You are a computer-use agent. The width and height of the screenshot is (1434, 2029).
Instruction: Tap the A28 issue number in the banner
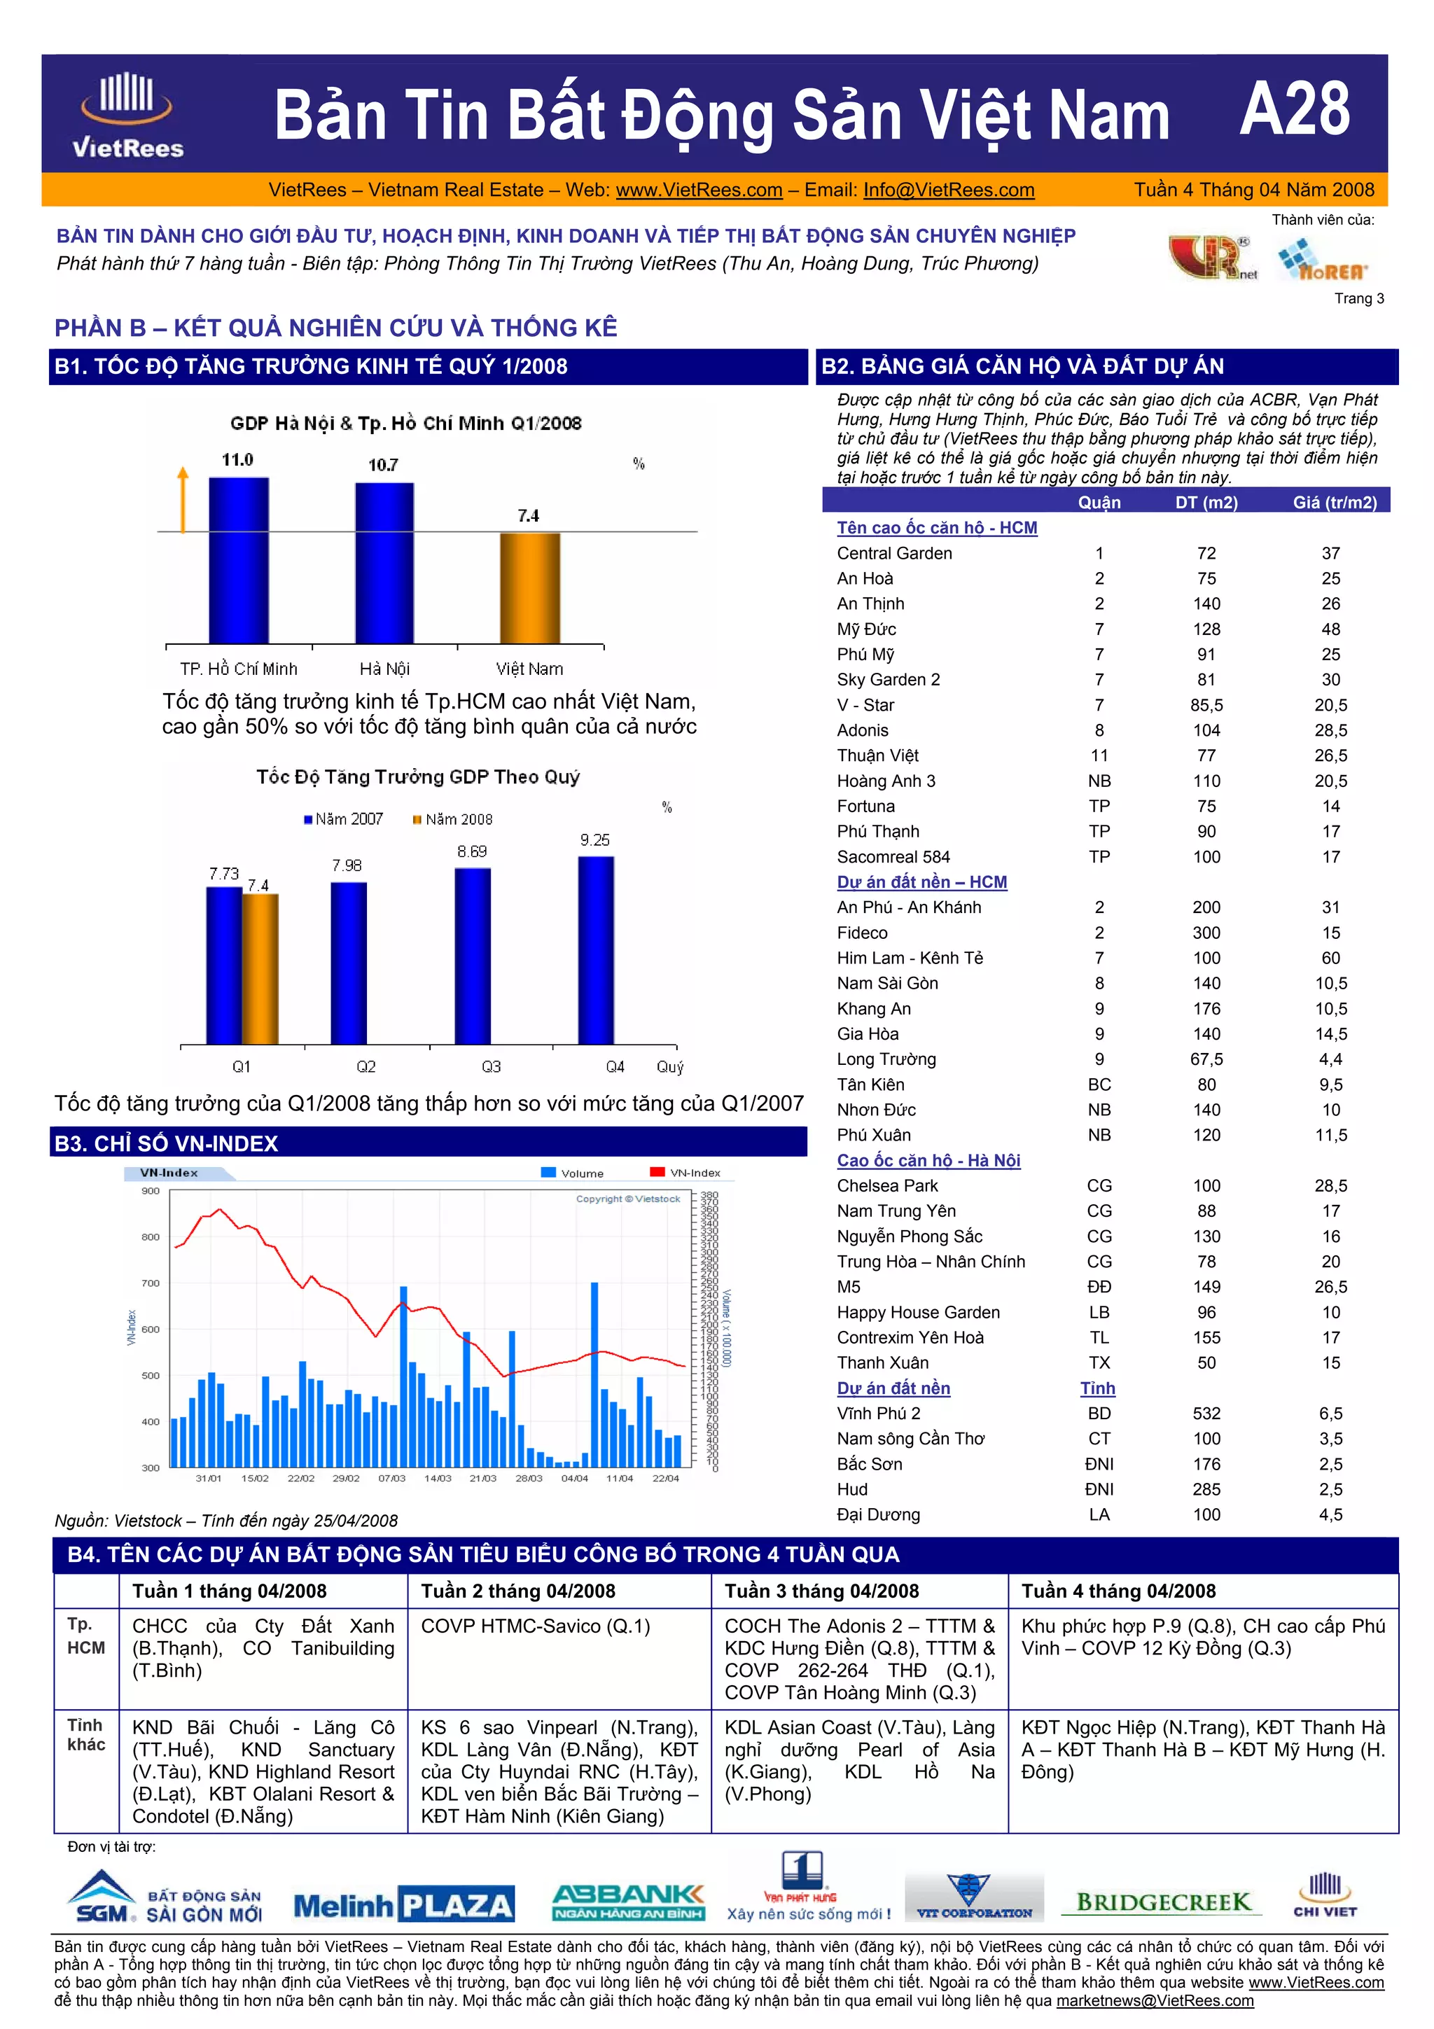tap(1295, 110)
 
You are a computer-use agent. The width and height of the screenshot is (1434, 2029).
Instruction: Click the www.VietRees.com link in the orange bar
tap(699, 190)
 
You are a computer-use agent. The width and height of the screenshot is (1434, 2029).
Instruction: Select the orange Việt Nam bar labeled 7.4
tap(529, 587)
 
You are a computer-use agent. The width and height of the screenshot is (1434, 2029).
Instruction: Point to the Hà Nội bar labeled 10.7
tap(384, 562)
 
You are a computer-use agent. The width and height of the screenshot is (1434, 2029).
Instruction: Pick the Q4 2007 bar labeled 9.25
tap(595, 950)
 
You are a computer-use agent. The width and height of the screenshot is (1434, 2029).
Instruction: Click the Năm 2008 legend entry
tap(452, 819)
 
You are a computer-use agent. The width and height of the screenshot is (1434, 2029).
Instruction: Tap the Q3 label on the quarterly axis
tap(492, 1066)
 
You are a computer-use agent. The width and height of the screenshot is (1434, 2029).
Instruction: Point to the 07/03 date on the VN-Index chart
tap(391, 1479)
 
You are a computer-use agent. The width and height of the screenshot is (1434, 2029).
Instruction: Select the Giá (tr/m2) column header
tap(1334, 502)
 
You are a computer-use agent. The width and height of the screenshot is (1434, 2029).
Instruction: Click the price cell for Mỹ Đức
tap(1330, 629)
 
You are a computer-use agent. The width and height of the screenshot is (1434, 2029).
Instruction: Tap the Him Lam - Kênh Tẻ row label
tap(909, 958)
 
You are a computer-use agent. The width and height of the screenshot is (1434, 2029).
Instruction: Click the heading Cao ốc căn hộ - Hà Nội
tap(928, 1160)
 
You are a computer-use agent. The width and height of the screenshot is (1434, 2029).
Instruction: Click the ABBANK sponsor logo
tap(628, 1902)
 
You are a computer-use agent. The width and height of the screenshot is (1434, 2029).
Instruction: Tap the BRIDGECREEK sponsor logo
tap(1163, 1902)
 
